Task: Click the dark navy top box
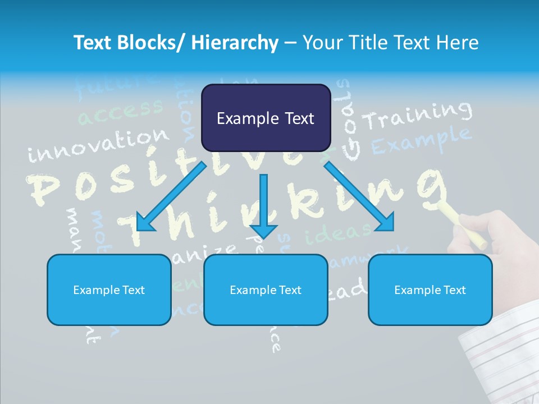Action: point(266,118)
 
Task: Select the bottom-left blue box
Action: point(109,290)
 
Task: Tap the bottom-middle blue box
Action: point(266,290)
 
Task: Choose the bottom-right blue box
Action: point(430,290)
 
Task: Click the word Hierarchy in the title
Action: point(235,43)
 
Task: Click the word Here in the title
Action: point(456,43)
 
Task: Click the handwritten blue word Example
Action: point(421,140)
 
